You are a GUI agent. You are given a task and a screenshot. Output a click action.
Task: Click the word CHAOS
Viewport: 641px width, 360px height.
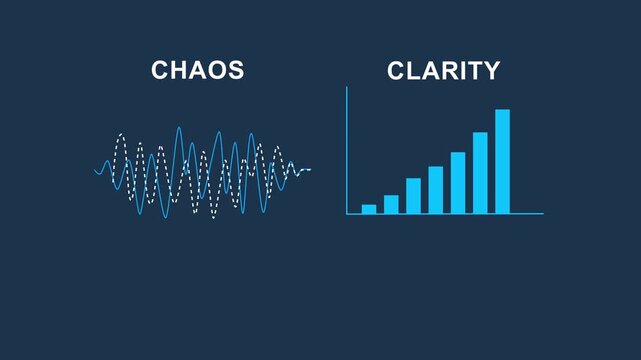click(197, 71)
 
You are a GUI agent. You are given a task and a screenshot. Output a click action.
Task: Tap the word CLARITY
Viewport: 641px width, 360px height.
click(443, 71)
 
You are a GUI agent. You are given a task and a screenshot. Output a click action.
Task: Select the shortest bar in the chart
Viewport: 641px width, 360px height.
click(369, 208)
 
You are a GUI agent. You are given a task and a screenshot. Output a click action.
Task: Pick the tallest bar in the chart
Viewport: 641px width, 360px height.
click(502, 161)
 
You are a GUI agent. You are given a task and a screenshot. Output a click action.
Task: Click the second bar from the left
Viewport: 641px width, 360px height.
click(391, 204)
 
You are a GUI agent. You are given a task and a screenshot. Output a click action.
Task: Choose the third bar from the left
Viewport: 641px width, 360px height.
click(413, 195)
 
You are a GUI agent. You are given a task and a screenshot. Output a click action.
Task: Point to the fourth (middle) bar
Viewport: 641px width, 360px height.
click(436, 189)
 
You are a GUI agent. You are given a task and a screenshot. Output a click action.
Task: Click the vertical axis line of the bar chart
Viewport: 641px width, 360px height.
click(347, 150)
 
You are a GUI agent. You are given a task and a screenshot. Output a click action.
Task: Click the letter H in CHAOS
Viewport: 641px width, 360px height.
click(177, 71)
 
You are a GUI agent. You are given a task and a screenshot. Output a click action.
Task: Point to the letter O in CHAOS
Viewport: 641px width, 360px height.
click(218, 71)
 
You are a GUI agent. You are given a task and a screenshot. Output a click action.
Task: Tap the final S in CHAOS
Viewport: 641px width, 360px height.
click(236, 71)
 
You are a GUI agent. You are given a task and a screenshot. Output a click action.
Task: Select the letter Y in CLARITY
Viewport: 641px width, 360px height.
click(490, 71)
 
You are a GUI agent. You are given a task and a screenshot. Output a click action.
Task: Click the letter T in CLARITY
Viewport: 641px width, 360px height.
click(473, 71)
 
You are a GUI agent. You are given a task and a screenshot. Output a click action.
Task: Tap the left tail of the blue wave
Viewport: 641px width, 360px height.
click(100, 170)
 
